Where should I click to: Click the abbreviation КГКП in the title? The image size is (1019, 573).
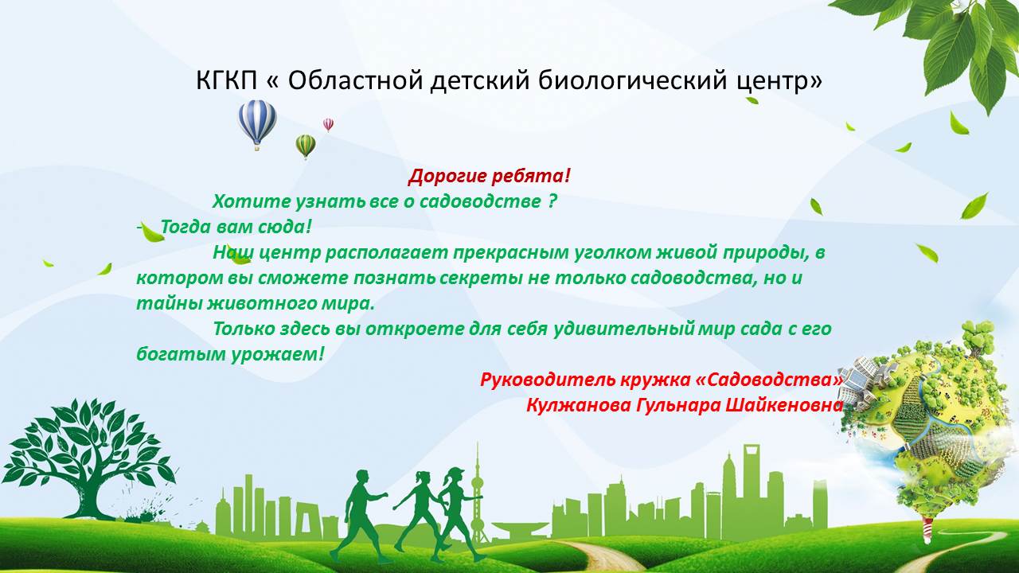[227, 80]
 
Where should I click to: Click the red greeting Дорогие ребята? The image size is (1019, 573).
[489, 176]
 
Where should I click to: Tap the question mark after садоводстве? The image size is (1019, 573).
[552, 201]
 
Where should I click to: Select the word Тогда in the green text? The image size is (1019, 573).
[185, 227]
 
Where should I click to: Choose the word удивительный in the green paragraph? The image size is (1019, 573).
[624, 329]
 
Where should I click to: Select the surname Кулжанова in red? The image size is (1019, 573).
[578, 405]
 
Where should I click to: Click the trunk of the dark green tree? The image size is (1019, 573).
[93, 501]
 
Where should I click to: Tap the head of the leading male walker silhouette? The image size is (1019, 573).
[362, 477]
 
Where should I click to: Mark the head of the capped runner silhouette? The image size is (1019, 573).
[455, 476]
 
